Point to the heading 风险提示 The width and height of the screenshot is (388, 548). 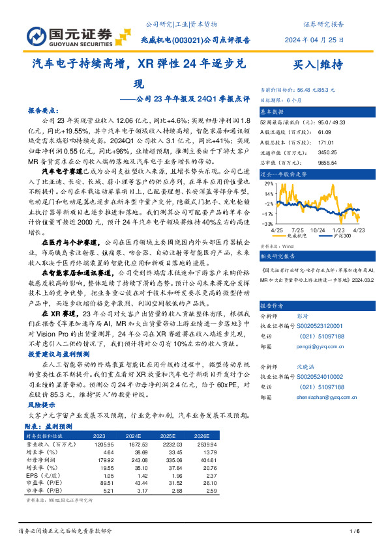pos(40,404)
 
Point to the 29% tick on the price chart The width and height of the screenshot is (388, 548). pos(269,185)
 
